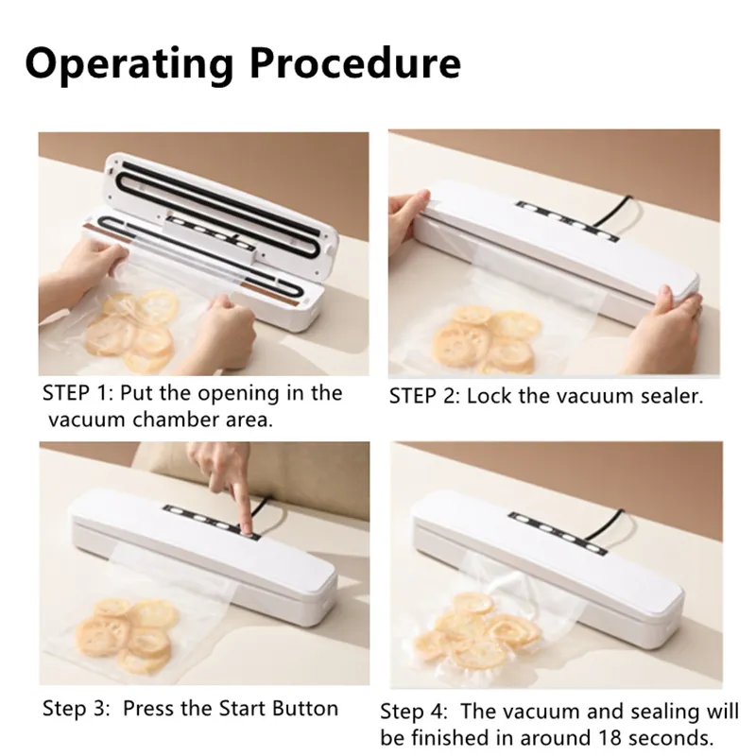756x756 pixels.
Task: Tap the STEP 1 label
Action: tap(75, 393)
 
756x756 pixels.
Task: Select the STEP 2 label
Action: tap(421, 396)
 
